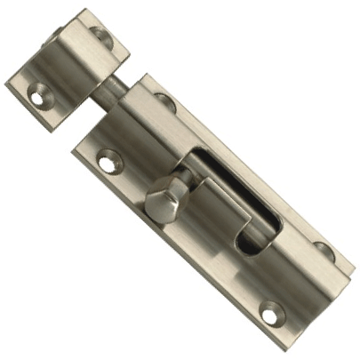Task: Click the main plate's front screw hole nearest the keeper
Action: pos(108,162)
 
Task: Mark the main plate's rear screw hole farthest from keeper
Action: pos(321,251)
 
